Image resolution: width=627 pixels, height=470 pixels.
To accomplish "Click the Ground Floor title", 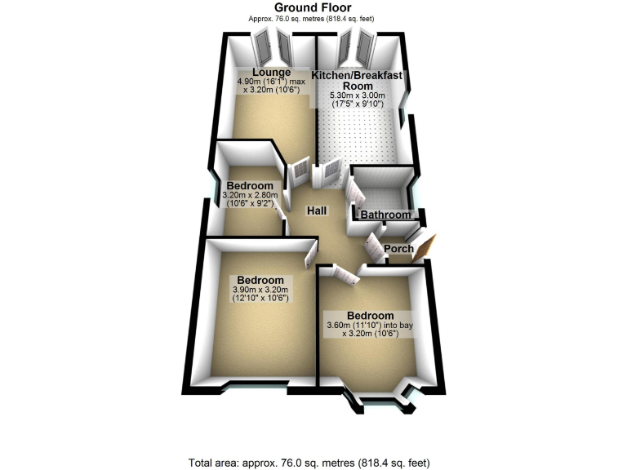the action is tap(313, 7).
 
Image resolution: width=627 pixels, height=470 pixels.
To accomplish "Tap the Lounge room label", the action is tap(272, 73).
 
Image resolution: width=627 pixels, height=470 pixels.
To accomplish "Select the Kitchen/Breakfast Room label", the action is tap(357, 80).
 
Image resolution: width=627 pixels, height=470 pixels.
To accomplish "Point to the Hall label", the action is tap(317, 211).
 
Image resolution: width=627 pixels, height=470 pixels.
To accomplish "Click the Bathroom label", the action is tap(385, 215).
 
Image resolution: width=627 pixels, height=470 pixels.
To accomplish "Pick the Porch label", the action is tap(398, 249).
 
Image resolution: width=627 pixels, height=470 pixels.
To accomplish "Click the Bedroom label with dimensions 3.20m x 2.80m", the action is tap(250, 186).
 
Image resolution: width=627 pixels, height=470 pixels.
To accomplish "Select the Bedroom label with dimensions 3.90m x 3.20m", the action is tap(260, 280).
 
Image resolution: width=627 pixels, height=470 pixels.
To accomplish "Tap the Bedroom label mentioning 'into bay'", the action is tap(371, 315).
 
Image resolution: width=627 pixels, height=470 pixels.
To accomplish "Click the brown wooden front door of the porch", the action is tap(425, 249).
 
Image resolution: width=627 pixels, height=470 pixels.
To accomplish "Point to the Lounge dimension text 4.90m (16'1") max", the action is tap(272, 82).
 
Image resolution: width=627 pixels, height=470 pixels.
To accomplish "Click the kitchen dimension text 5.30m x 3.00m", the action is tap(358, 95).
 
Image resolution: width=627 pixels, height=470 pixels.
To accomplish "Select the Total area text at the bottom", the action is tap(309, 463).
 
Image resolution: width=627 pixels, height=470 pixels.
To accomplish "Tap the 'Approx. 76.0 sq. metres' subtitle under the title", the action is tap(311, 19).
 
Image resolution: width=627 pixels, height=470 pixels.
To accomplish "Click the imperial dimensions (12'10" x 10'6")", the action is tap(260, 298).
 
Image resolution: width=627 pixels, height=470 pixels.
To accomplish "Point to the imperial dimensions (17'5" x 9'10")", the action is tap(358, 104).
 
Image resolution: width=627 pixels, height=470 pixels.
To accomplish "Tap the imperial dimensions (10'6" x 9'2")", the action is tap(250, 203).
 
